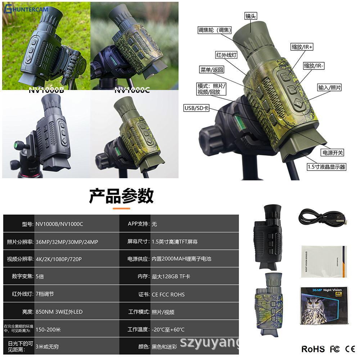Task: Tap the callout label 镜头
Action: pyautogui.click(x=251, y=16)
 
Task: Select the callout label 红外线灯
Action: pyautogui.click(x=226, y=55)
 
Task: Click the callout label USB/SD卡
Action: pyautogui.click(x=196, y=108)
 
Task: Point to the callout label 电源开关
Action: pyautogui.click(x=332, y=153)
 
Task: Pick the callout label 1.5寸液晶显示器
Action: pyautogui.click(x=326, y=167)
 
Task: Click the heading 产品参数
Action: pyautogui.click(x=121, y=196)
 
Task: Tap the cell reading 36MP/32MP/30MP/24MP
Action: pyautogui.click(x=67, y=242)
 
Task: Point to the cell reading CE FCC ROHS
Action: pyautogui.click(x=168, y=294)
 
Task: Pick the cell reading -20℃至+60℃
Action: pyautogui.click(x=168, y=329)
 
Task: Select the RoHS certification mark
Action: pyautogui.click(x=313, y=349)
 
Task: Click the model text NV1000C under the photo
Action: pyautogui.click(x=132, y=90)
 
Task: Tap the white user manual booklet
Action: pyautogui.click(x=323, y=261)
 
